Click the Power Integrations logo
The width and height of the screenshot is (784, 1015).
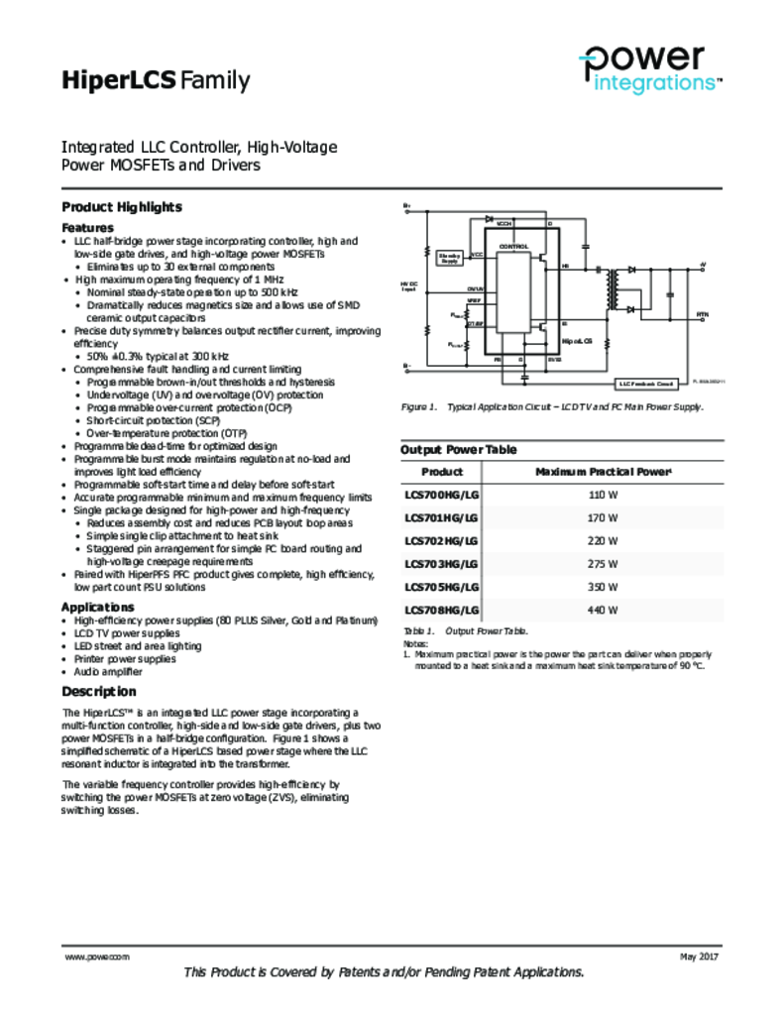(649, 69)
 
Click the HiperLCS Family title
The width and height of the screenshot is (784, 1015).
(156, 81)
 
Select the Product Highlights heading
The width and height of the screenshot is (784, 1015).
(122, 207)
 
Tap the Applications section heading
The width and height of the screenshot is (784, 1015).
(98, 607)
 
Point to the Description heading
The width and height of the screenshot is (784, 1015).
(99, 691)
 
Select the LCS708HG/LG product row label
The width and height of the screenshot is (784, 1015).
(441, 611)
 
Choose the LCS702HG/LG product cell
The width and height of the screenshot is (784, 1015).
(441, 541)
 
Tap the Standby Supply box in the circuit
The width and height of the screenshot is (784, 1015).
(449, 258)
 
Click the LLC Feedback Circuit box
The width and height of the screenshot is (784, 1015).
(646, 383)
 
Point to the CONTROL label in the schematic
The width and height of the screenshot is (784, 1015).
(513, 246)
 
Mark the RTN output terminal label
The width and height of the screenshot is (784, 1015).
(702, 314)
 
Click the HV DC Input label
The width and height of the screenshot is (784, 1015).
(408, 286)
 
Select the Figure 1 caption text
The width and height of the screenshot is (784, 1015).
(551, 407)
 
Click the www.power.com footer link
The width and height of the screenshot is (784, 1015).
(97, 957)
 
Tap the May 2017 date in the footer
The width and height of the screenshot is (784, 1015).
(699, 957)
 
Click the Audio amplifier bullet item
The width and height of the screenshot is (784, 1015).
(109, 671)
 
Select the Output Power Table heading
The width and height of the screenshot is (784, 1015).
(458, 449)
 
